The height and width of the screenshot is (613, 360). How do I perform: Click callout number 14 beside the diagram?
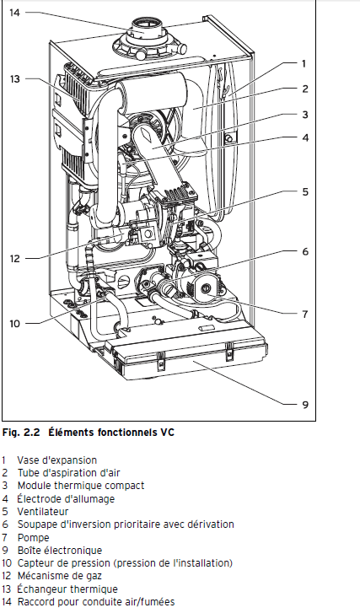[x=14, y=13]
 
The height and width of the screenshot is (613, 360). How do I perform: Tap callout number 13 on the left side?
[x=14, y=79]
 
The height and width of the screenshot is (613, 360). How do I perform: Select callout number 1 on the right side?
[x=304, y=63]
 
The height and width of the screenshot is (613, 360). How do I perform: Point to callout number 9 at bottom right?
[x=305, y=404]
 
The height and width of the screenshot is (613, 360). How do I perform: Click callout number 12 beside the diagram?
[x=14, y=258]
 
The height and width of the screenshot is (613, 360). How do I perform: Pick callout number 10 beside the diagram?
[x=14, y=324]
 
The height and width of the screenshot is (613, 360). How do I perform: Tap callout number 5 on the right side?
[x=305, y=192]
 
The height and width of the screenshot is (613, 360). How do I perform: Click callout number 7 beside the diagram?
[x=305, y=314]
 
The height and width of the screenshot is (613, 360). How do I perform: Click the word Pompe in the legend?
[x=33, y=538]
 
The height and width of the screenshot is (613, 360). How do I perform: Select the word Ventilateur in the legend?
[x=43, y=512]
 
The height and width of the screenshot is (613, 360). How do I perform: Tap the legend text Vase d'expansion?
[x=56, y=460]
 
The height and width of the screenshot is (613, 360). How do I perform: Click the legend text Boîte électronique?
[x=59, y=551]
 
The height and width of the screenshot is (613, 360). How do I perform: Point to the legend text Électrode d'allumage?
[x=66, y=499]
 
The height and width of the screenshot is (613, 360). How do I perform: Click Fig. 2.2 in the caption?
[x=21, y=433]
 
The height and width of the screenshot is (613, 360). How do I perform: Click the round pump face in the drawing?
[x=206, y=288]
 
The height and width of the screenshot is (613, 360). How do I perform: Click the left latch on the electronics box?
[x=160, y=360]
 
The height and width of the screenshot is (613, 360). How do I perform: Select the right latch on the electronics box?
[x=229, y=350]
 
